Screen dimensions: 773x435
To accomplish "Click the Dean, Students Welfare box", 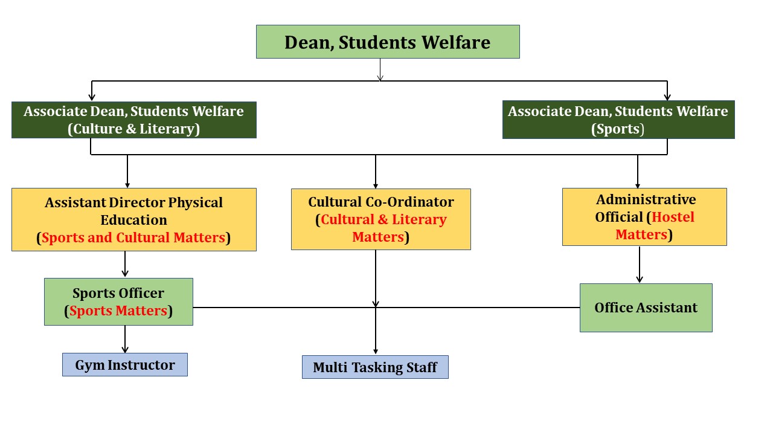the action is [388, 42].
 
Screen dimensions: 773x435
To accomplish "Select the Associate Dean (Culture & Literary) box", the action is [134, 120].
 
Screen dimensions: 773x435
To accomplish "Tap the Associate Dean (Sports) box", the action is [618, 120].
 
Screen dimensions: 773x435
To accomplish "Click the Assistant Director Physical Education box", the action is [134, 219].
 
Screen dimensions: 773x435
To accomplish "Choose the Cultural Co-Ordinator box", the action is [381, 219].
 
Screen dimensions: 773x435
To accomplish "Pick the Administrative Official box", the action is [644, 217].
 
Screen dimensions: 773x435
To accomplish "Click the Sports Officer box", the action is [118, 301].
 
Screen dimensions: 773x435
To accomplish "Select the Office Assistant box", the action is [646, 308].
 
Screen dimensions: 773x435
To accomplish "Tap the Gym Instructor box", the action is [125, 364].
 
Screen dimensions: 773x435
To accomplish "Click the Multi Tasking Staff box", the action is [375, 367].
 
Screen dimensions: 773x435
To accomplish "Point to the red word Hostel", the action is [673, 217].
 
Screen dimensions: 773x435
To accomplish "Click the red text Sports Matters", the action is [118, 311].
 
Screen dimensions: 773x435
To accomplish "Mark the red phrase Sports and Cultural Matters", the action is [133, 237].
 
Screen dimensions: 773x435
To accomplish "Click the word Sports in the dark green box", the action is [618, 129].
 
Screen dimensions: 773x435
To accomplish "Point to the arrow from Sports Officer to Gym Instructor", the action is [125, 339].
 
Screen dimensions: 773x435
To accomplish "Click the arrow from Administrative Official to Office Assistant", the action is [640, 265].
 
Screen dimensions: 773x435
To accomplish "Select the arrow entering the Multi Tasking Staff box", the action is [376, 330].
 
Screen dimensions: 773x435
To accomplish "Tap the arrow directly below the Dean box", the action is [380, 69].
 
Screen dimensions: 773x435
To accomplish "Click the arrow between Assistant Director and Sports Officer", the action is [125, 264].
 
